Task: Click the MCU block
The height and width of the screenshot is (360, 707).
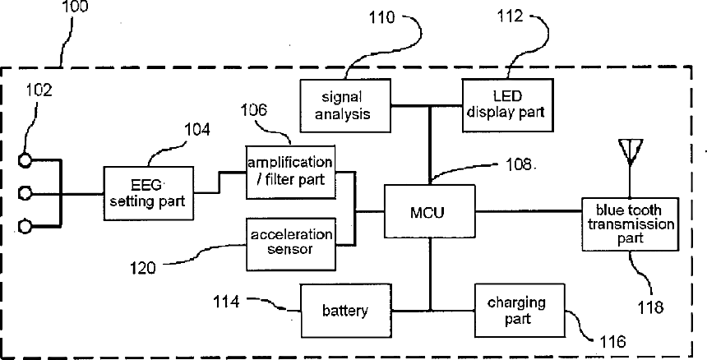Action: coord(429,211)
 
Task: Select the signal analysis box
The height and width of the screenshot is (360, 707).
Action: coord(345,106)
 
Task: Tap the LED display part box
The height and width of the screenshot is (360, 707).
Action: coord(508,105)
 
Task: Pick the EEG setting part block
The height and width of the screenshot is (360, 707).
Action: coord(148,193)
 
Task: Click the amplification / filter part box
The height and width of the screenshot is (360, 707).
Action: coord(290,172)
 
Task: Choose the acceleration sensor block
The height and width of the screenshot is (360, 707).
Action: coord(291,244)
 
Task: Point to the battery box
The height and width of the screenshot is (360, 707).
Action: coord(346,311)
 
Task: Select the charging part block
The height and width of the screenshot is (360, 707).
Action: coord(520,311)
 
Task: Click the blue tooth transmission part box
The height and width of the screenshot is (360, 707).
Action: coord(630,224)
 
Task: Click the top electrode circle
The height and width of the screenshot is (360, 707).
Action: coord(25,160)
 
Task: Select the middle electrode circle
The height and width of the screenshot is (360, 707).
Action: coord(25,194)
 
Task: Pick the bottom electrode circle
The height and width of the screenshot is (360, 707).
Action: coord(25,227)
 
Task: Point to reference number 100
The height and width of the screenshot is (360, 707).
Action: coord(76,7)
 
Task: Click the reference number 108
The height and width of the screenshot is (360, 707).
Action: coord(519,164)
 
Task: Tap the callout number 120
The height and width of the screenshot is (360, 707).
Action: coord(142,268)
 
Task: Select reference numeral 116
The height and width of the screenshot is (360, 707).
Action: coord(613,342)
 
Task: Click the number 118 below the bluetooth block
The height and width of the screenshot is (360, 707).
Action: coord(650,307)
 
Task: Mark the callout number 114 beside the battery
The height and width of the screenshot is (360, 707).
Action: coord(226,302)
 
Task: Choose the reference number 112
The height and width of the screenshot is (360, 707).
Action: coord(510,16)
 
